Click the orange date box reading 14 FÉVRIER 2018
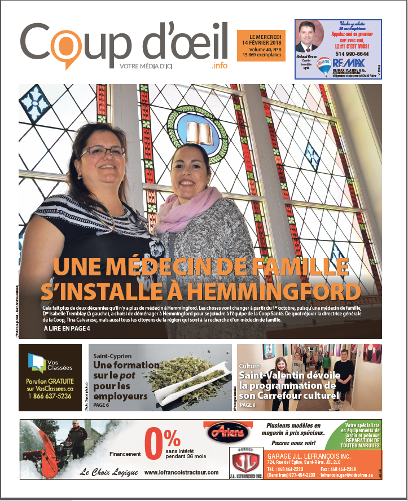coord(261,46)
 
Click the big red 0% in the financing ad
coord(163,443)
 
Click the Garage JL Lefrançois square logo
coord(245,463)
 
